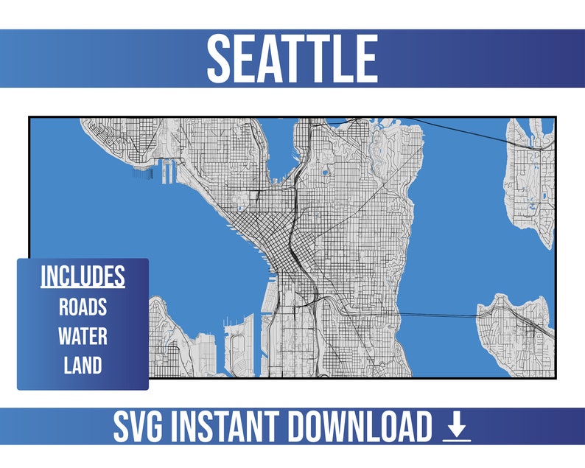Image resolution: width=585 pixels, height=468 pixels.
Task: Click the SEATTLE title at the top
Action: coord(292,58)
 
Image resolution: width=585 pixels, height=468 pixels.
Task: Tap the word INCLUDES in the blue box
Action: coord(83,276)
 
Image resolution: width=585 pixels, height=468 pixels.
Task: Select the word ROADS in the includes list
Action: coord(83,307)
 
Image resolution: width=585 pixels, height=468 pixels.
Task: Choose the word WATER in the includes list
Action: coord(83,336)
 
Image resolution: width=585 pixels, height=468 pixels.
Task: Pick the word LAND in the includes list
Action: coord(83,365)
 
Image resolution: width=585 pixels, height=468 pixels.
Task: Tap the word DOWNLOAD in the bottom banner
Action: coord(360,427)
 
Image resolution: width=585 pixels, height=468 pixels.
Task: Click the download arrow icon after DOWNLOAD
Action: coord(457,427)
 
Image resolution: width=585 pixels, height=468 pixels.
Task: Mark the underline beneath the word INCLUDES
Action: coord(83,287)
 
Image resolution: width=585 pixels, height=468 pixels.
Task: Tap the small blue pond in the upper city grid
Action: coord(324,173)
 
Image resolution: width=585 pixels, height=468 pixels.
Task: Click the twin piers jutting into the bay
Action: coord(169,172)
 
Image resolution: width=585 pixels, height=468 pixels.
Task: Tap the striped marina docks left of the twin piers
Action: coord(143,174)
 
